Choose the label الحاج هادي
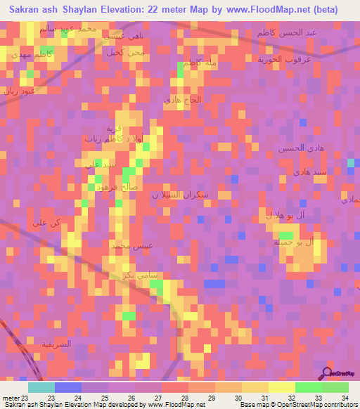tap(182, 100)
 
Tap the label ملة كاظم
tap(200, 63)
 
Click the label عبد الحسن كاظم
tap(295, 33)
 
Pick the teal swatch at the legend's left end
tap(41, 387)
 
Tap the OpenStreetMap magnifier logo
tap(327, 372)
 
